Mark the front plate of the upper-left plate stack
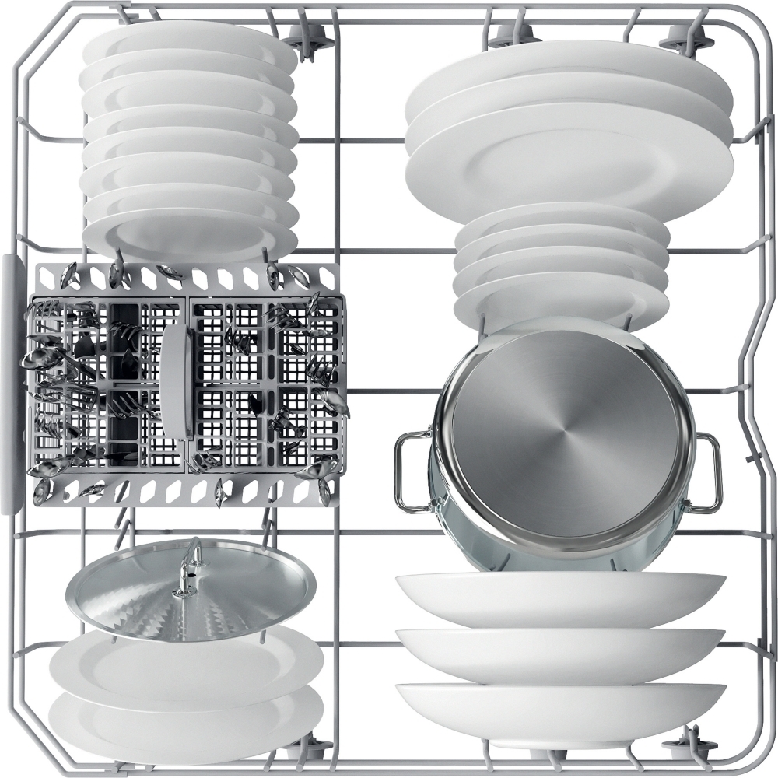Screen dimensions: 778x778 pos(191,233)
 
